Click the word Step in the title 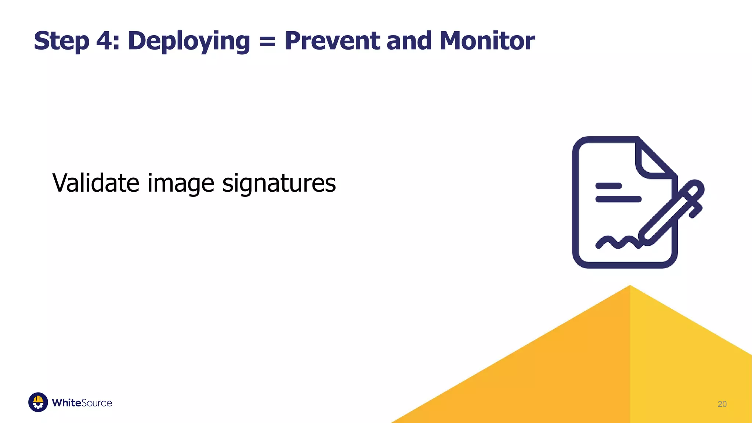coord(61,41)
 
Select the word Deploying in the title coord(189,41)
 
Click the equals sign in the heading coord(267,41)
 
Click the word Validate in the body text coord(96,182)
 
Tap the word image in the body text coord(181,183)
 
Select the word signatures coord(279,183)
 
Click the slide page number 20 coord(722,404)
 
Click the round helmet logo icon coord(38,402)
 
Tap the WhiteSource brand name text coord(82,403)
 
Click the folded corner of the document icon coord(654,162)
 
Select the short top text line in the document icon coord(608,186)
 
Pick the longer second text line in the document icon coord(618,199)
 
